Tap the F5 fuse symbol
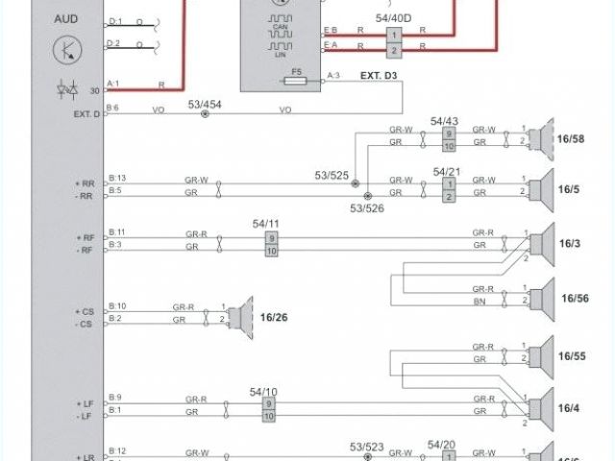coord(297,83)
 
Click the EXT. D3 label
coord(379,75)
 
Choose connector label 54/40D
coord(393,18)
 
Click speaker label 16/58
coord(571,139)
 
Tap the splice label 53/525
coord(332,174)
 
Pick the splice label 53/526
coord(366,206)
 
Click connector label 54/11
coord(265,224)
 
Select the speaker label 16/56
coord(574,298)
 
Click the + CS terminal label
coord(85,312)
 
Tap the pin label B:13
coord(116,178)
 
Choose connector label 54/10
coord(263,391)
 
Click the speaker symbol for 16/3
coord(546,240)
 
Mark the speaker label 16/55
coord(572,356)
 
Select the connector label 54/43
coord(444,121)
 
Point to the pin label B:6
coord(113,107)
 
